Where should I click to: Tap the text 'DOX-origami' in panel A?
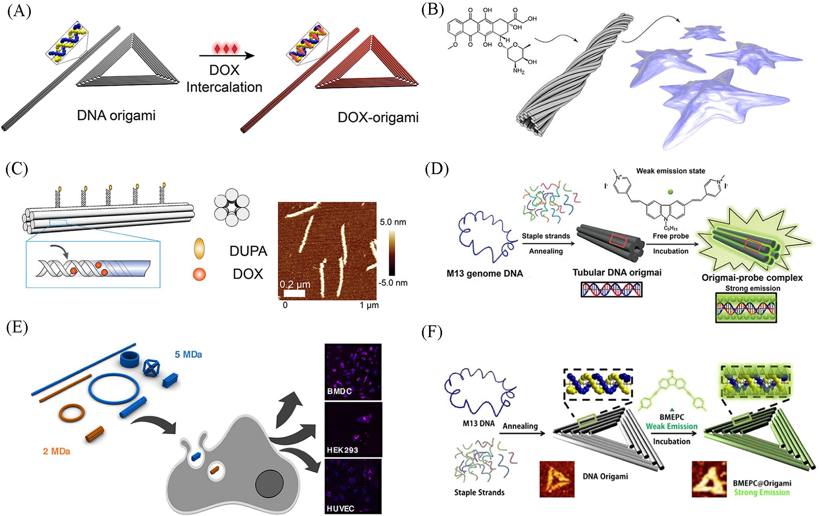(x=378, y=117)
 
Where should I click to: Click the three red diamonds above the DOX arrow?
(x=224, y=48)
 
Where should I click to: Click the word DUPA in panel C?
(x=248, y=251)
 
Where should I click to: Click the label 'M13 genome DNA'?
(x=485, y=273)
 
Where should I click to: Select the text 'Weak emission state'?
(x=670, y=171)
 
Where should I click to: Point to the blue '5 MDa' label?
(x=188, y=355)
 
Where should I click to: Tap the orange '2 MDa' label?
(x=56, y=450)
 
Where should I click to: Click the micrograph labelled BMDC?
(x=353, y=372)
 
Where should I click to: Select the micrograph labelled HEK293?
(x=353, y=430)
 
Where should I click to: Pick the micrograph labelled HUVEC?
(x=353, y=486)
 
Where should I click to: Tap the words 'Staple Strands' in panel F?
(x=479, y=492)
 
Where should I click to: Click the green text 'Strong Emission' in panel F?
(x=762, y=492)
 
